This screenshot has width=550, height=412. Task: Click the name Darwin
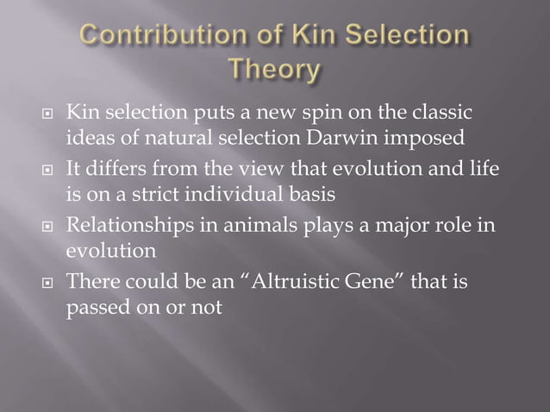coord(344,138)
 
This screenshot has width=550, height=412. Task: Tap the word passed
coord(95,307)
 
